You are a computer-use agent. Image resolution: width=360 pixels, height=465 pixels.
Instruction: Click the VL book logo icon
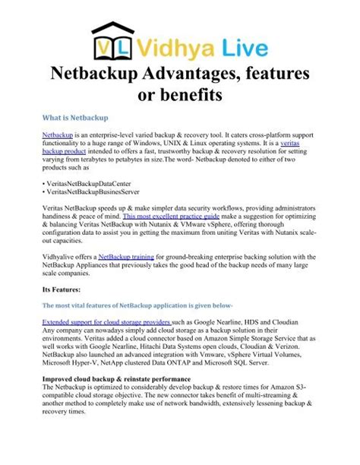coord(114,41)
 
